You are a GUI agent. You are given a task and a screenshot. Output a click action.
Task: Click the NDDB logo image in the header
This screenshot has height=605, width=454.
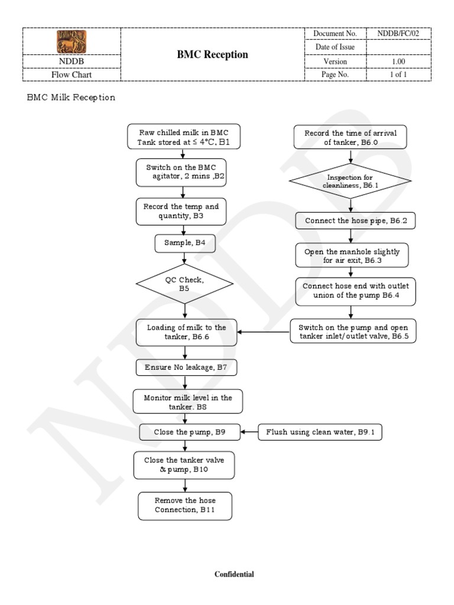72,41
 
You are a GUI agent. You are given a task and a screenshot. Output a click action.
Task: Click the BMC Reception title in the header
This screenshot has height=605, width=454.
213,54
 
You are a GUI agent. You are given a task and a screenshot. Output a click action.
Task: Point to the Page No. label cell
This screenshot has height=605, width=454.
335,75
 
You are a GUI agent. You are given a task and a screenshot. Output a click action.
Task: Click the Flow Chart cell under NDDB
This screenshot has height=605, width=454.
72,75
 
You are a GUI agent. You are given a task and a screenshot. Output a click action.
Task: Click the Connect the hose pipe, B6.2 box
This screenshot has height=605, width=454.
352,221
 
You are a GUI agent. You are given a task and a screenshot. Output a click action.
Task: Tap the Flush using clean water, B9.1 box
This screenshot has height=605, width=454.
320,432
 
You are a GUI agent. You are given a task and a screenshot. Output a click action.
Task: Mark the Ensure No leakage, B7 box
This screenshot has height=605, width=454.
186,367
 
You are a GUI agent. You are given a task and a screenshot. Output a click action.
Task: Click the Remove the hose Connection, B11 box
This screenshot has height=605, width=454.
185,505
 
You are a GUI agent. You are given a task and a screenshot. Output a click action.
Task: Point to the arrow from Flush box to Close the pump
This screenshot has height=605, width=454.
249,432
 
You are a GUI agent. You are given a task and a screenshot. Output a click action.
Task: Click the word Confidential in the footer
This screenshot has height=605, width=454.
234,574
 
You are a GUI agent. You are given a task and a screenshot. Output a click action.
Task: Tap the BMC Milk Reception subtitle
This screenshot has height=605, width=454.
71,97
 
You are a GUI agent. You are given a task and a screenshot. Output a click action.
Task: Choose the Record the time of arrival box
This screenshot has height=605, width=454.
351,138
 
